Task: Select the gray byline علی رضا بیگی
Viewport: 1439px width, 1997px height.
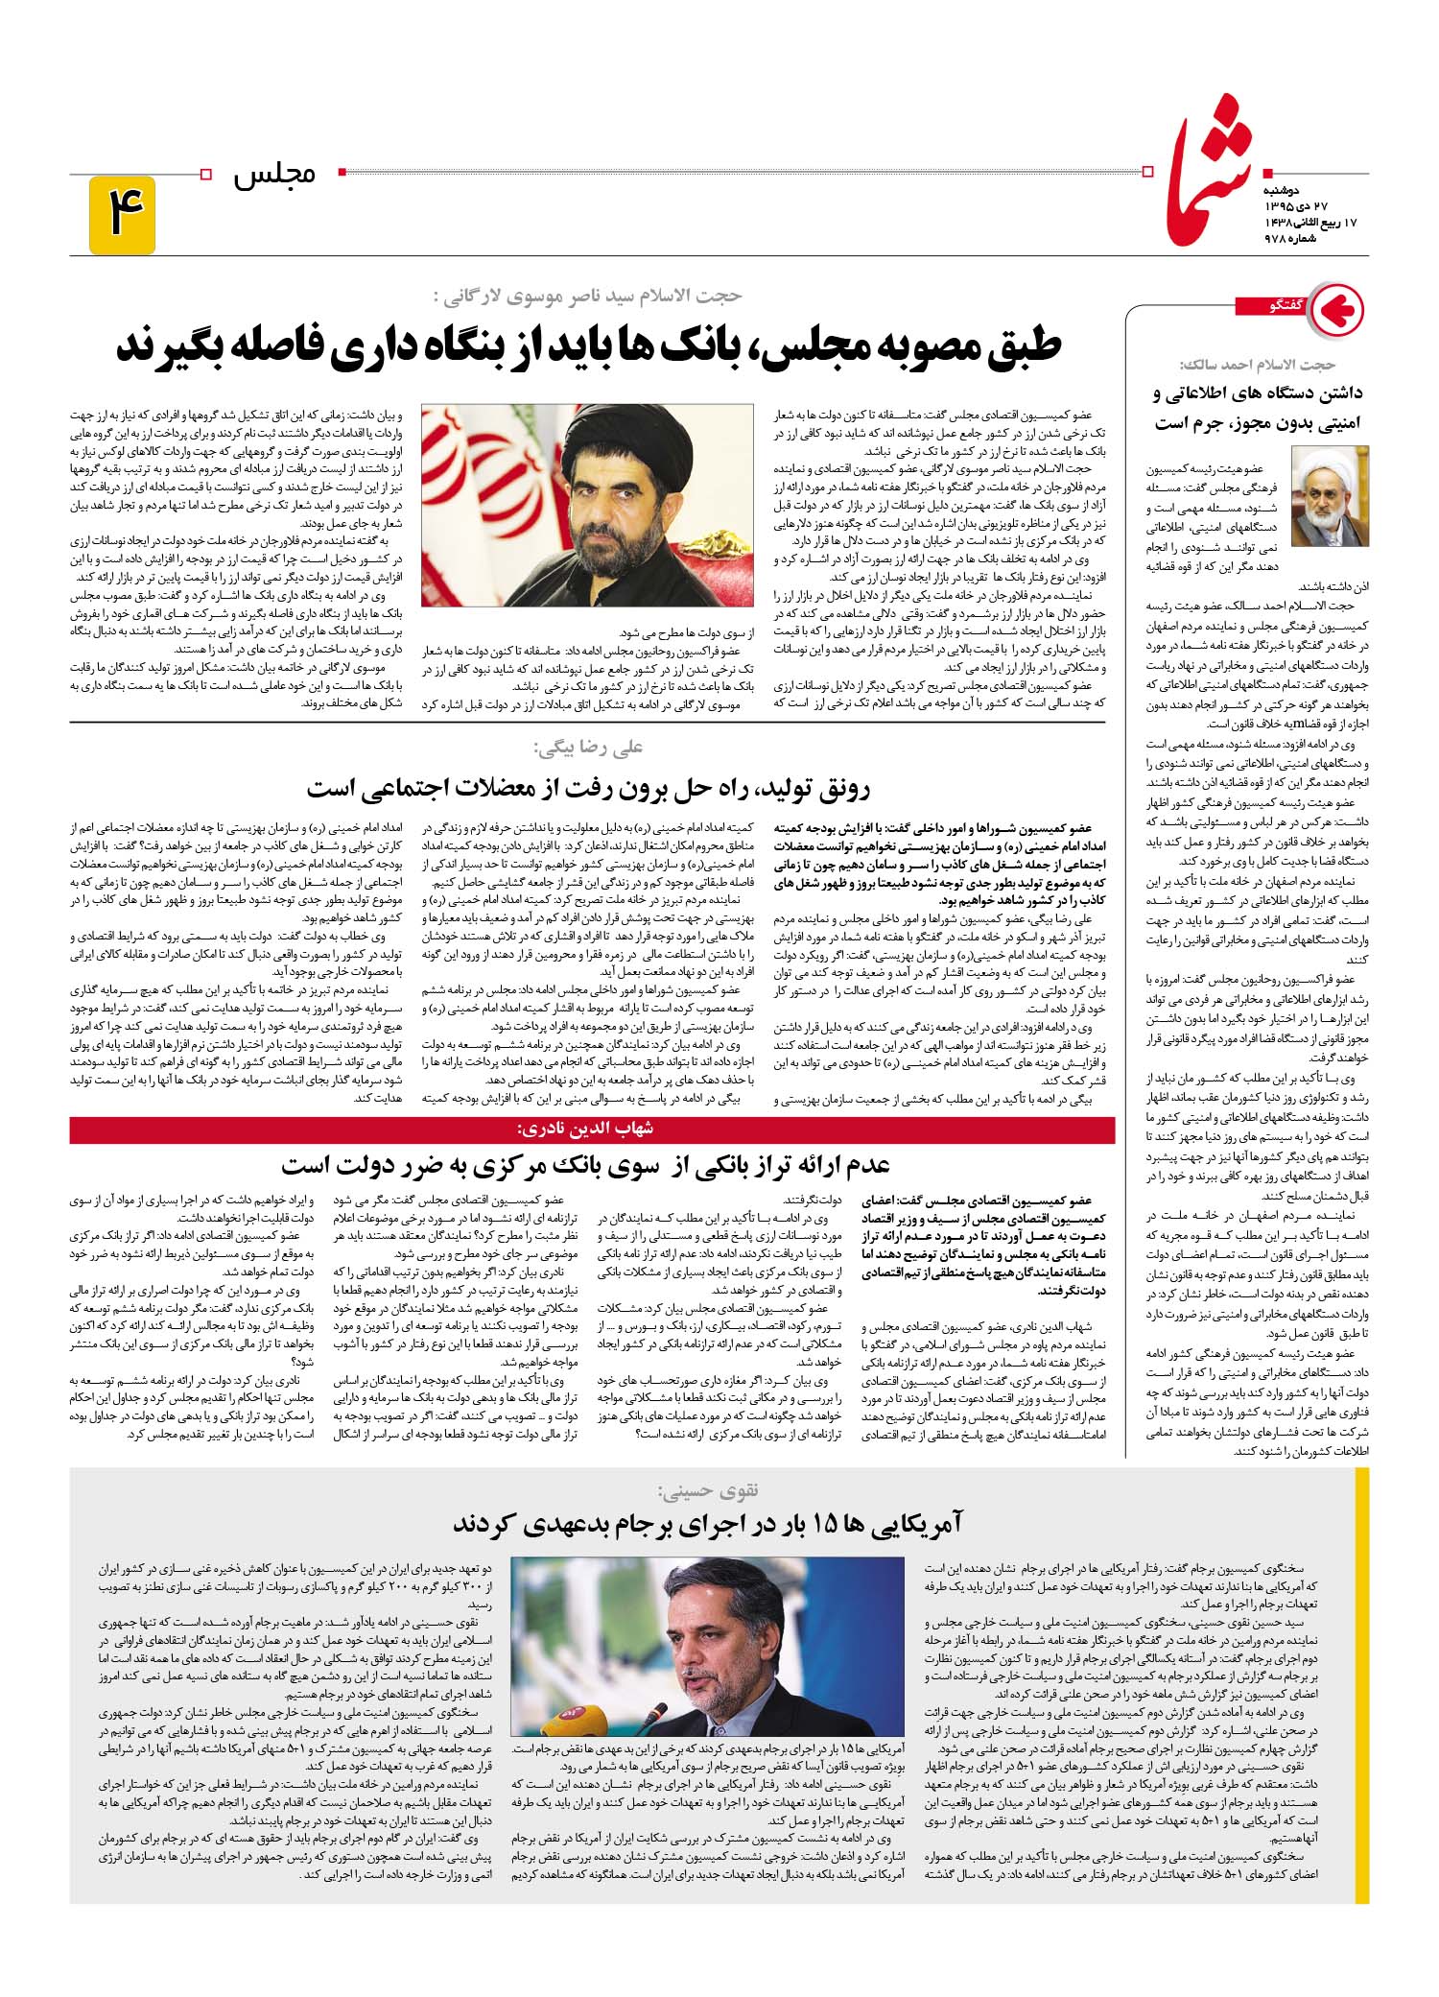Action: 587,747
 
